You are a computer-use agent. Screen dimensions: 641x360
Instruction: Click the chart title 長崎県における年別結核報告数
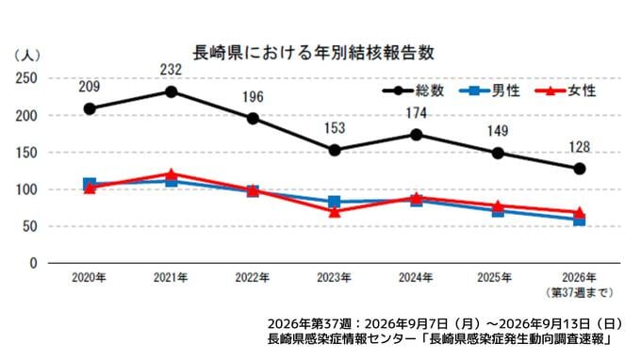pos(313,53)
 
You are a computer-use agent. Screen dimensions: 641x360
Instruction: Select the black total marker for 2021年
pos(172,91)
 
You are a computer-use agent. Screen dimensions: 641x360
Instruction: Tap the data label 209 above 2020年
pos(90,87)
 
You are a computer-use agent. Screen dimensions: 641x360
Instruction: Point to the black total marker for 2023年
pos(335,151)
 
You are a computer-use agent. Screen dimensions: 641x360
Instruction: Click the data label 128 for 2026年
pos(580,147)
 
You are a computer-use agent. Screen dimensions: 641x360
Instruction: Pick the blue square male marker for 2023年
pos(335,202)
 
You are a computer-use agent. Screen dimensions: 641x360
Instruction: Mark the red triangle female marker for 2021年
pos(172,173)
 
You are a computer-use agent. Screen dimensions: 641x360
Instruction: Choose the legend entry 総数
pos(413,90)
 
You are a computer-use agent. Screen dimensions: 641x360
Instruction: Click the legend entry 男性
pos(489,90)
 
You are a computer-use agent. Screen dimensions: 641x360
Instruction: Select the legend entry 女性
pos(566,90)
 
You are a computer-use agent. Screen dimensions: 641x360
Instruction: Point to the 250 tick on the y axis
pos(26,78)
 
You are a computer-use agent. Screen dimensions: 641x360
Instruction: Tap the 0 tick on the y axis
pos(33,263)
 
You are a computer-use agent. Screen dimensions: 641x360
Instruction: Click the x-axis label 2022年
pos(253,278)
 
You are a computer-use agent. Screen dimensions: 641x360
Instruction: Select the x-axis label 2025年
pos(494,278)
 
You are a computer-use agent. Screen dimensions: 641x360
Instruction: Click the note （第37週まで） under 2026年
pos(580,292)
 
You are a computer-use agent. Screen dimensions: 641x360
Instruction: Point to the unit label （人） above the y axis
pos(27,56)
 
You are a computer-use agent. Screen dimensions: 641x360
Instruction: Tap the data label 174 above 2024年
pos(416,113)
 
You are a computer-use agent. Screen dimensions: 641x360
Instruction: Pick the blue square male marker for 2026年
pos(580,221)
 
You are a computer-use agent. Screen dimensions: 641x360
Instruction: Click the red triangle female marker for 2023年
pos(335,212)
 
